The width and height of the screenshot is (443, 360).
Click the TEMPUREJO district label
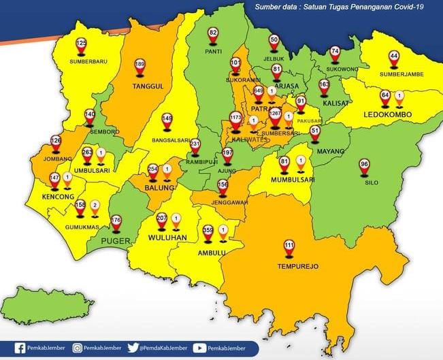point(293,266)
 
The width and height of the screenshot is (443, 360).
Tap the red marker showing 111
point(289,248)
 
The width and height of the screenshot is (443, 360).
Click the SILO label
point(372,183)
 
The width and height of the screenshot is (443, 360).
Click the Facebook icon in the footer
point(20,348)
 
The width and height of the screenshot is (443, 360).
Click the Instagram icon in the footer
point(78,348)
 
